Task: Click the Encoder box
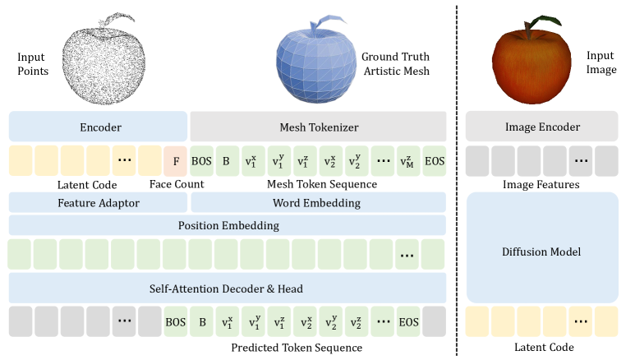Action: (99, 127)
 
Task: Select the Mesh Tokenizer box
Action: (318, 127)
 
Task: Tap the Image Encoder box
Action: (541, 127)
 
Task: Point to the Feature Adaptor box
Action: (99, 202)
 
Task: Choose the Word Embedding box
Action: (318, 202)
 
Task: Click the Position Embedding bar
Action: (227, 225)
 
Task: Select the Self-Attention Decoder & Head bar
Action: (227, 288)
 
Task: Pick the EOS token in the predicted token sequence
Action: (407, 321)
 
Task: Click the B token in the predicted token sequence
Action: (202, 321)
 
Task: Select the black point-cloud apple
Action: (106, 65)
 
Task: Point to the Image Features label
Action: (541, 185)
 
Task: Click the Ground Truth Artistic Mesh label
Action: (396, 64)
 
